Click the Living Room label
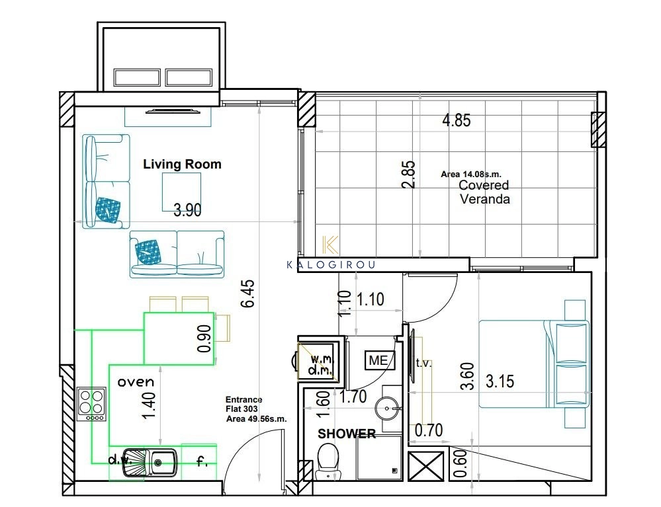point(182,164)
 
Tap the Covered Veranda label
point(484,192)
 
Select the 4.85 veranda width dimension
point(457,120)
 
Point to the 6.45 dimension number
point(249,293)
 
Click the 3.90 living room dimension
point(188,210)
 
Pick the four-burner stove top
point(92,405)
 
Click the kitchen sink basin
point(164,462)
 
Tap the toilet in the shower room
point(327,462)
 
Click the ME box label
point(379,360)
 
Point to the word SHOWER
point(347,434)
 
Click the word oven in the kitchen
point(136,382)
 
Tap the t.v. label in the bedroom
point(423,363)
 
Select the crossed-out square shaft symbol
point(426,466)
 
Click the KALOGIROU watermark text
point(331,265)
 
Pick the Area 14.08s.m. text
point(471,174)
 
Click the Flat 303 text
point(242,409)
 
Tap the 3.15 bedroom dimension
point(500,381)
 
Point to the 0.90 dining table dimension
point(204,338)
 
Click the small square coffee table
point(182,192)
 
